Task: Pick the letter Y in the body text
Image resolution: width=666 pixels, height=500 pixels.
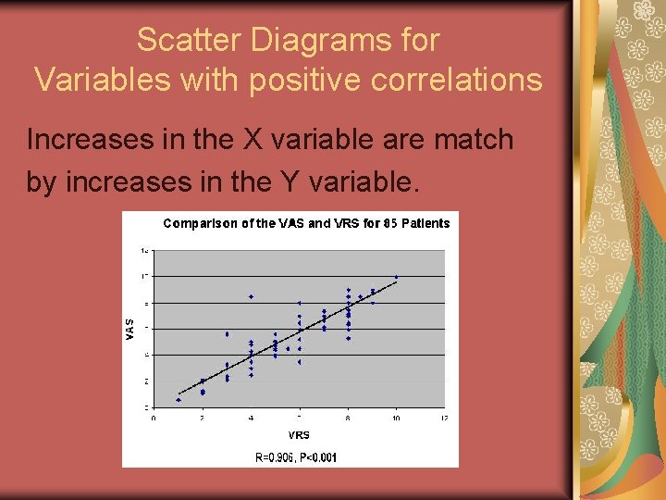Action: [291, 182]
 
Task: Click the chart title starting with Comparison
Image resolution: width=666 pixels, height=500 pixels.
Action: [306, 223]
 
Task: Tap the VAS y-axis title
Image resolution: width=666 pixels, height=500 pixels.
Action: [130, 328]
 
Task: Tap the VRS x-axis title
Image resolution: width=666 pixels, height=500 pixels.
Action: [299, 434]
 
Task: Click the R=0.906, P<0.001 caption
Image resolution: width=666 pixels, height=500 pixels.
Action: [296, 456]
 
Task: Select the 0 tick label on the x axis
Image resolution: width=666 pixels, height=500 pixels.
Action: [154, 419]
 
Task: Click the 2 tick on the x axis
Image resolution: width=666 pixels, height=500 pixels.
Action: [203, 419]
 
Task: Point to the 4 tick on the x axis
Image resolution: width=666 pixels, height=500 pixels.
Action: [251, 419]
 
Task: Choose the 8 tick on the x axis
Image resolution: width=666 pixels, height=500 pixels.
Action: [348, 419]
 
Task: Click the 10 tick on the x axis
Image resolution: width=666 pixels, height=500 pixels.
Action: [396, 419]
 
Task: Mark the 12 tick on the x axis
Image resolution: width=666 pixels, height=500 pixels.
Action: [444, 419]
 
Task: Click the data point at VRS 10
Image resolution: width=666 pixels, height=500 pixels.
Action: [396, 277]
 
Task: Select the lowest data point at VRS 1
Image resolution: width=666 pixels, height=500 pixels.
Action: [179, 400]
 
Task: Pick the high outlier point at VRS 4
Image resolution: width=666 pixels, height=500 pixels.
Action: [251, 296]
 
